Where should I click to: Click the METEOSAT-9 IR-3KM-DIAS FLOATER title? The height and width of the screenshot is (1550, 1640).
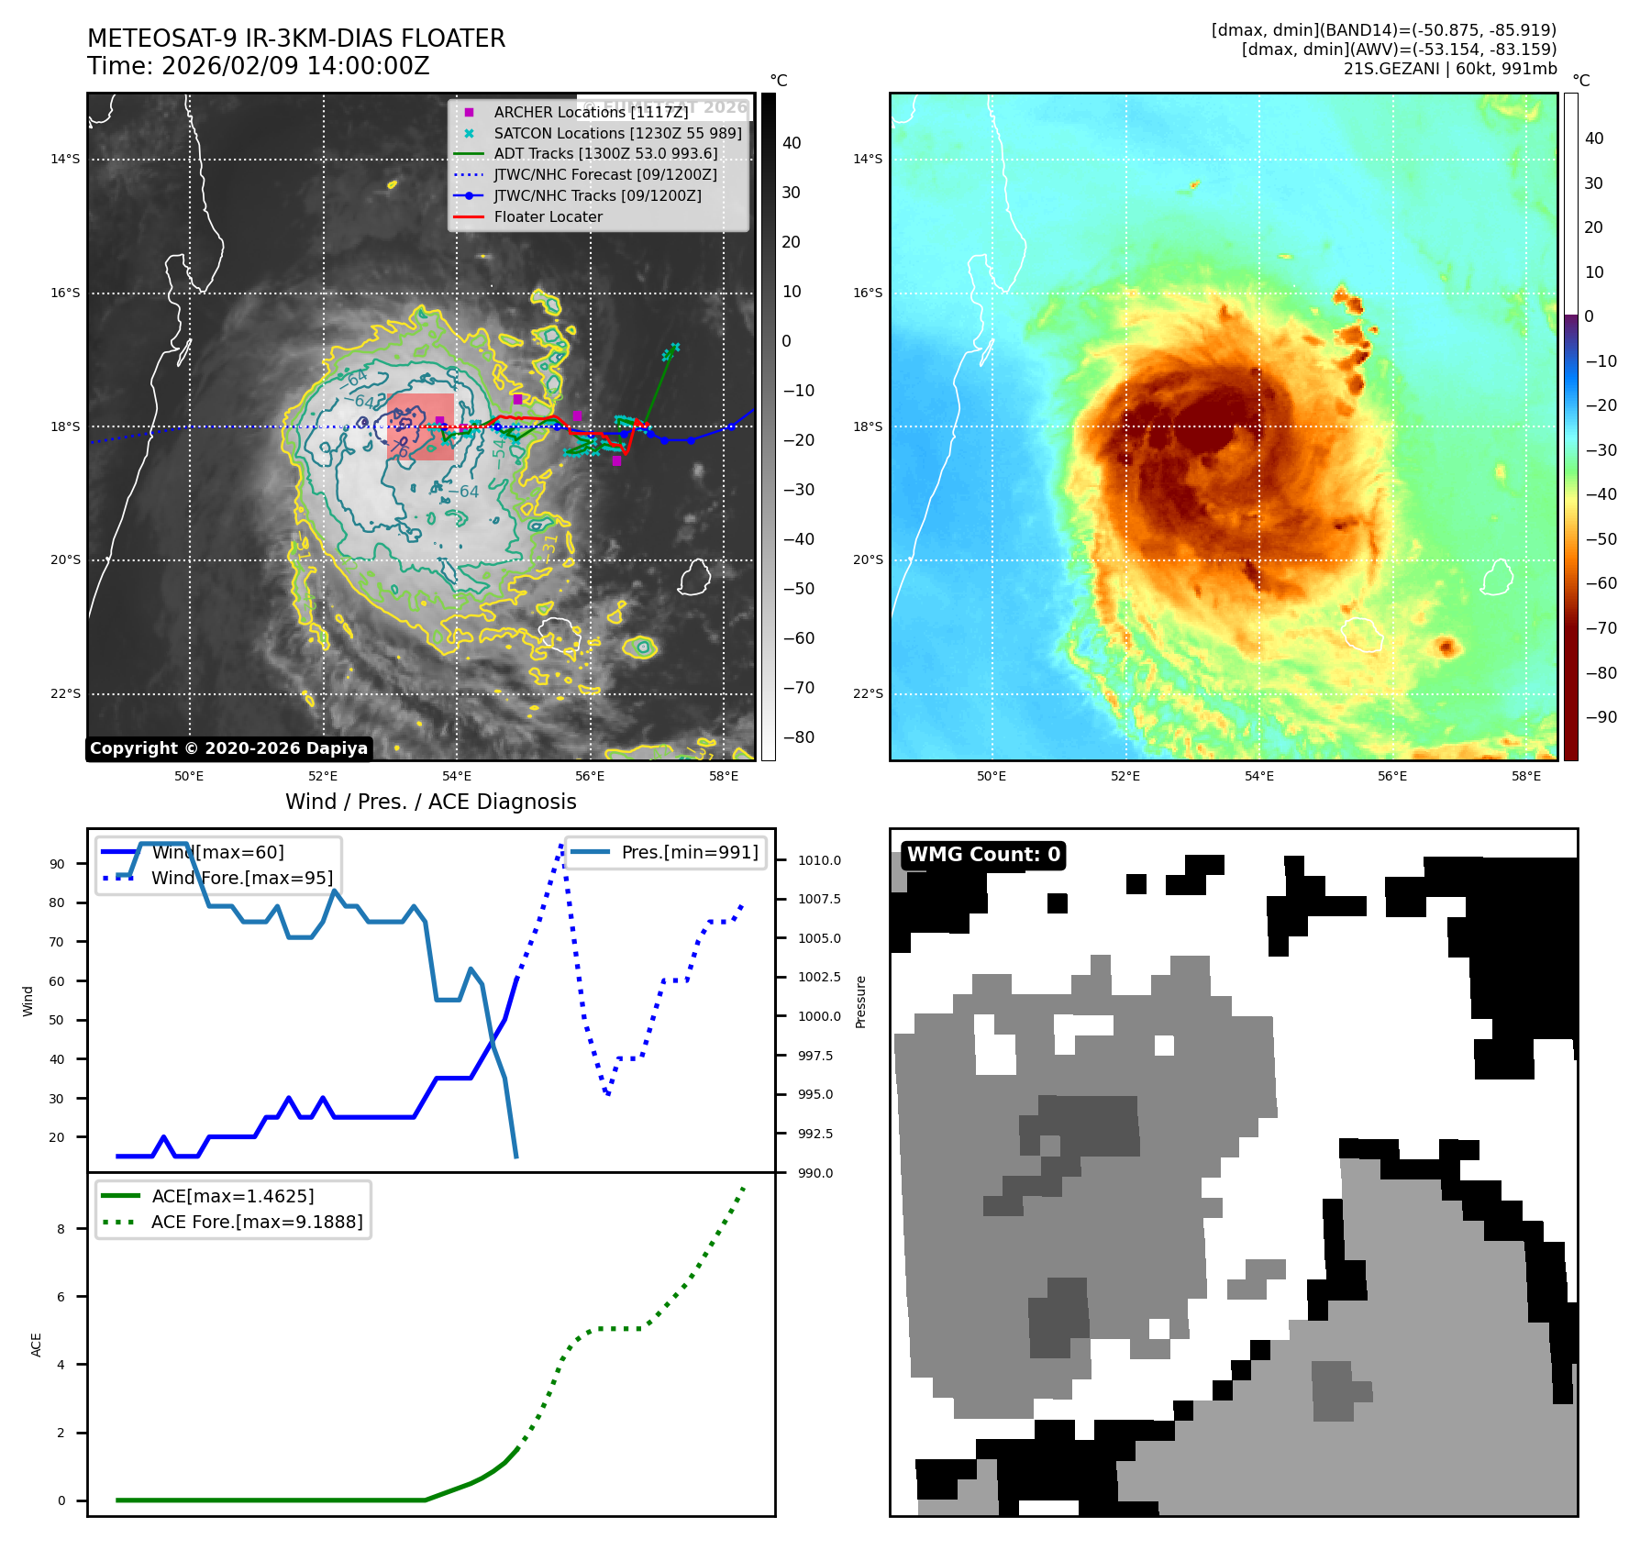[295, 39]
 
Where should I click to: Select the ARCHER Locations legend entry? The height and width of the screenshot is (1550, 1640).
[590, 112]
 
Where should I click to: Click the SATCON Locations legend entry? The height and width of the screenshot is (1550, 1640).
[616, 133]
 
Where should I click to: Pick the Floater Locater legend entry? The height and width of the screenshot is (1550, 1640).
[548, 217]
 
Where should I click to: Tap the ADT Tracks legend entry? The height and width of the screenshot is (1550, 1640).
[604, 154]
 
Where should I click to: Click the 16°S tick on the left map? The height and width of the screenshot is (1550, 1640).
[65, 293]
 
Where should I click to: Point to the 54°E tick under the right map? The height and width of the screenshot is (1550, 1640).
[1258, 776]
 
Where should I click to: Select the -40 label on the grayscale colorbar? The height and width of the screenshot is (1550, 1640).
[798, 539]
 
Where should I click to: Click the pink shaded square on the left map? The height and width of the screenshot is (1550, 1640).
[420, 426]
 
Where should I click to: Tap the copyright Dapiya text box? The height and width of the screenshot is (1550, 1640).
[228, 748]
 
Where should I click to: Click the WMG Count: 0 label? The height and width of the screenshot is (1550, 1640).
[983, 855]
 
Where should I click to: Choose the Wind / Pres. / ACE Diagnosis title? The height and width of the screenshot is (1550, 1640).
[430, 802]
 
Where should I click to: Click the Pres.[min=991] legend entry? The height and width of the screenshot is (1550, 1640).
[689, 852]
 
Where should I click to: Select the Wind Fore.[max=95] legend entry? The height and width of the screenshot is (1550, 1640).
[241, 878]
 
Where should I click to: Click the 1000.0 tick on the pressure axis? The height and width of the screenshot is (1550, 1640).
[818, 1016]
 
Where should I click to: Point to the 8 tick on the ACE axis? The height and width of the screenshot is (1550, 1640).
[61, 1229]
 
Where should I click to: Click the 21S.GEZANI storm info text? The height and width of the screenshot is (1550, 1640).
[1449, 69]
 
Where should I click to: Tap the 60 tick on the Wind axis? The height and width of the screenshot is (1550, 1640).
[57, 981]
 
